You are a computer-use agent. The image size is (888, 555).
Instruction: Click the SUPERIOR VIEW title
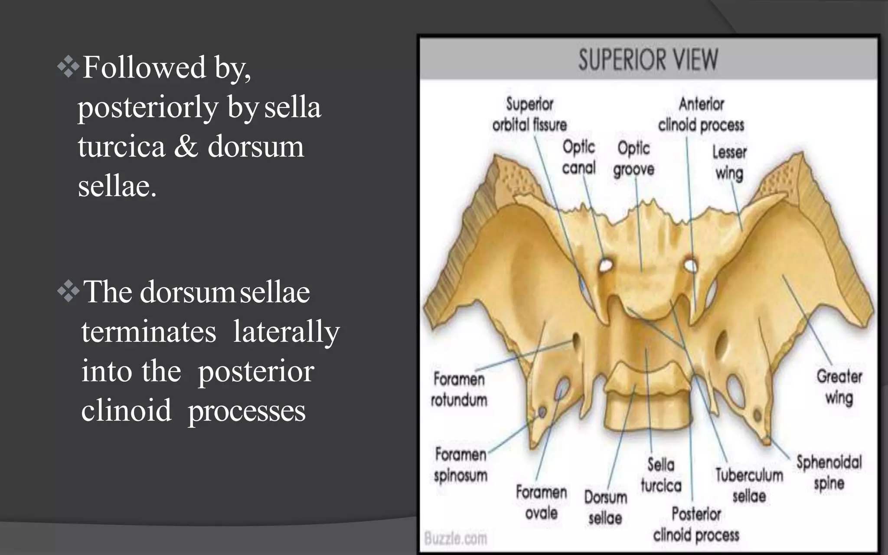click(648, 59)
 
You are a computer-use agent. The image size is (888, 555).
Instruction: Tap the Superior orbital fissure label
click(529, 114)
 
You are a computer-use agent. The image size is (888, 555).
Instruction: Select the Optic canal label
click(579, 157)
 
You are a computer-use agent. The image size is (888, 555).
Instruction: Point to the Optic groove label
click(633, 159)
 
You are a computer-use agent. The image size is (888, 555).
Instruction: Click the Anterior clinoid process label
click(701, 114)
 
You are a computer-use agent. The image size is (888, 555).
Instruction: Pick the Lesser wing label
click(729, 163)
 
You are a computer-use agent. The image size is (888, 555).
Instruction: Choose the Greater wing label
click(839, 387)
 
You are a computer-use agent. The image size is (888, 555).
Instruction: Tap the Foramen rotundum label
click(459, 389)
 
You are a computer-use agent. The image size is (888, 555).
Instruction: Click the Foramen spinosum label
click(460, 465)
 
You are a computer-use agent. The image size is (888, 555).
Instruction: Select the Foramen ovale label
click(541, 503)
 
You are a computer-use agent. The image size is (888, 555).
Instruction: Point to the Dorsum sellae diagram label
click(605, 507)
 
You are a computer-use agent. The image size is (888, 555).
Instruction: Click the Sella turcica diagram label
click(661, 475)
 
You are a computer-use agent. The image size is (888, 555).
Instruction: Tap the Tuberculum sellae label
click(749, 486)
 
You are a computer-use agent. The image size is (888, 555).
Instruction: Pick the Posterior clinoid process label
click(696, 525)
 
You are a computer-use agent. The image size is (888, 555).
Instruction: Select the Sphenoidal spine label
click(829, 473)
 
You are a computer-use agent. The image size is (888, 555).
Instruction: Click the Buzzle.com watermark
click(456, 539)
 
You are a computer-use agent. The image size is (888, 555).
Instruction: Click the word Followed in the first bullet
click(144, 68)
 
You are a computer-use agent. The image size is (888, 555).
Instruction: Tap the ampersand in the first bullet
click(186, 147)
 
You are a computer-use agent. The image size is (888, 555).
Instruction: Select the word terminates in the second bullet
click(149, 332)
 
